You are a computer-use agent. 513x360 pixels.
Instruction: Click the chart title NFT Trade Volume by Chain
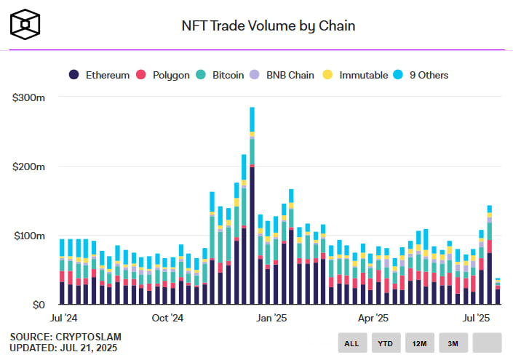pos(269,26)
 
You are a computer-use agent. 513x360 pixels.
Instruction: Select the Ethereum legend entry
pos(100,75)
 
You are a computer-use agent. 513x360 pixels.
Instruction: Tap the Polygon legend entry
pos(164,75)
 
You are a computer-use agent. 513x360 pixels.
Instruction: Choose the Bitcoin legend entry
pos(222,75)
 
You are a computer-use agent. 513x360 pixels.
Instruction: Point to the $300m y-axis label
pos(29,97)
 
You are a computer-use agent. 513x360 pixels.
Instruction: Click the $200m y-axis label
pos(29,167)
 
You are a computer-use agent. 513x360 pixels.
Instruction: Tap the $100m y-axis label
pos(29,236)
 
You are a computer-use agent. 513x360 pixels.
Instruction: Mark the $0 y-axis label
pos(36,305)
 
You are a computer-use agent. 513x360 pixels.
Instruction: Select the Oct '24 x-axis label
pos(168,318)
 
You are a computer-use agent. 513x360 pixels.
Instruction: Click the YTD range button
pos(386,343)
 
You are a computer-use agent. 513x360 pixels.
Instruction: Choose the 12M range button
pos(419,343)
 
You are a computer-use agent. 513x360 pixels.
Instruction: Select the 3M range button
pos(453,343)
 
